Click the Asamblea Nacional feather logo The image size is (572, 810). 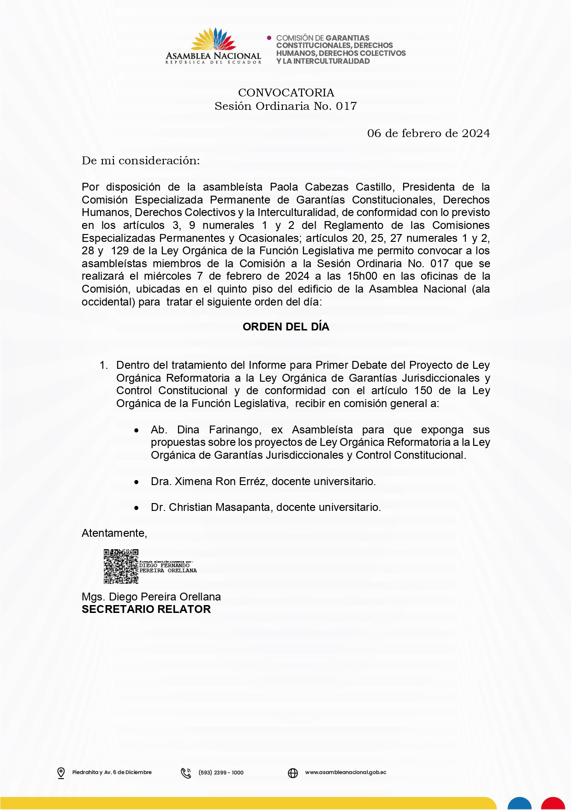click(x=214, y=40)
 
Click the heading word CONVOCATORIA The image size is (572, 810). click(x=286, y=93)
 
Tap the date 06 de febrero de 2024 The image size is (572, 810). click(x=428, y=133)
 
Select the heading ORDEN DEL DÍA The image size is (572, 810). click(x=286, y=327)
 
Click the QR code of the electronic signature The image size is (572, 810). click(x=121, y=566)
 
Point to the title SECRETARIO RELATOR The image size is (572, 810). click(x=146, y=609)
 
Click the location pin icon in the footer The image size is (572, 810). click(x=61, y=773)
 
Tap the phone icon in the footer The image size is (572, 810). click(x=186, y=773)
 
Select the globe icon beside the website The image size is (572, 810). click(x=293, y=773)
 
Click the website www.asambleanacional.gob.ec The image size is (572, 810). click(x=346, y=772)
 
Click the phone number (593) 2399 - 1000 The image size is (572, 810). click(x=221, y=773)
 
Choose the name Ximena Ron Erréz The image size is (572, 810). click(x=220, y=481)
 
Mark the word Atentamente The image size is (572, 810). click(x=113, y=533)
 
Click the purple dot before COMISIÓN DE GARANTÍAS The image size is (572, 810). click(x=269, y=38)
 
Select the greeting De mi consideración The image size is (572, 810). click(x=140, y=161)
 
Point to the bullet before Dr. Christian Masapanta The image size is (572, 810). click(x=137, y=508)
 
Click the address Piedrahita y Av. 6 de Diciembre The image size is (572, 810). click(x=112, y=772)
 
